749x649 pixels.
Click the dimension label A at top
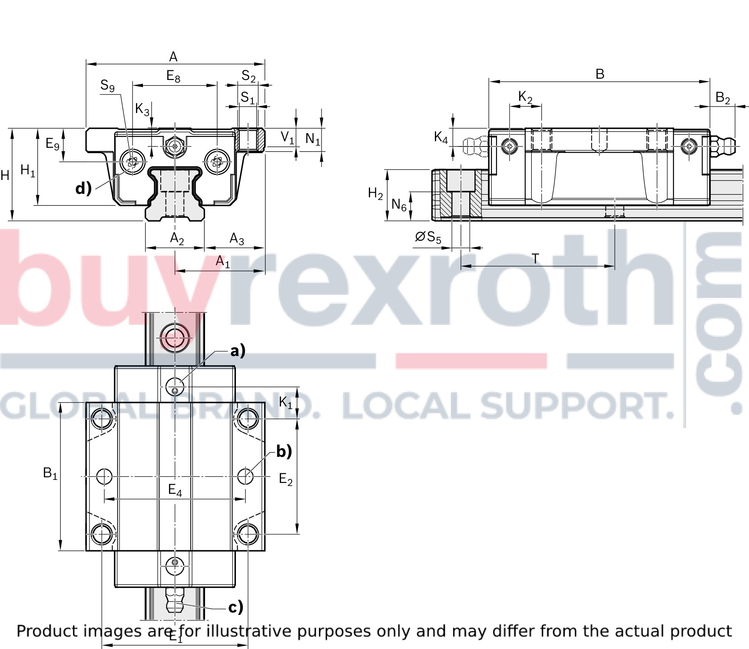[173, 57]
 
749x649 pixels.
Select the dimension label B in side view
[600, 74]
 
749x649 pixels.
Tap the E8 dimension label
[173, 77]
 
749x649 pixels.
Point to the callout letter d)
[83, 188]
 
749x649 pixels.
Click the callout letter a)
[238, 350]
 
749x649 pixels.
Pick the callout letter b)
[284, 451]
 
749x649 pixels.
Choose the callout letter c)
[236, 607]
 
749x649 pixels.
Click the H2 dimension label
[375, 193]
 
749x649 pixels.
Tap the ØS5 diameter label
[428, 237]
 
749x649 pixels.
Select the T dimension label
[535, 259]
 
